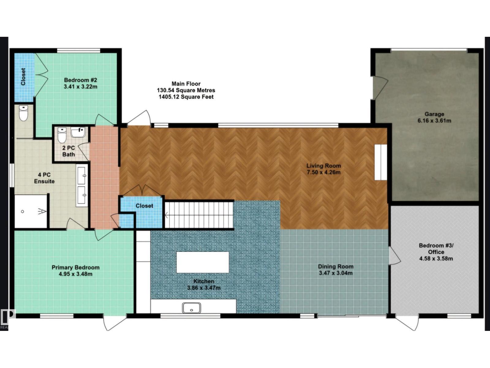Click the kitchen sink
click(x=191, y=308)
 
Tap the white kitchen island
click(x=202, y=262)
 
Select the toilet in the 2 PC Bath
click(x=62, y=136)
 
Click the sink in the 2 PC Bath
click(x=79, y=132)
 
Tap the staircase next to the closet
click(x=199, y=215)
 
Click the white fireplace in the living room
click(x=381, y=162)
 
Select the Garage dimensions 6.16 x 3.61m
click(x=434, y=121)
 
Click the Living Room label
click(x=323, y=166)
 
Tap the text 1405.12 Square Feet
click(x=186, y=97)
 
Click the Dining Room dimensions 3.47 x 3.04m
click(x=336, y=273)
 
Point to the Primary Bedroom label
click(x=75, y=267)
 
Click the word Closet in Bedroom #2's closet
click(x=23, y=77)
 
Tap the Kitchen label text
click(x=204, y=281)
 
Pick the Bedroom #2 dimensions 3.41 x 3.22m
click(x=81, y=87)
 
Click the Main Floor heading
click(x=186, y=84)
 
